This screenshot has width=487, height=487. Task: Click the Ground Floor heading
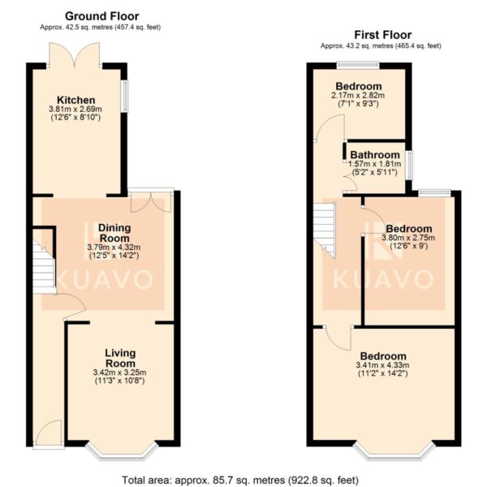point(102,16)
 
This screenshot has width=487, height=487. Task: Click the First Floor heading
point(383,35)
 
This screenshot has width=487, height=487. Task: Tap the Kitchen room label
point(76,101)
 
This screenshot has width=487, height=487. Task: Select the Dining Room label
point(114,233)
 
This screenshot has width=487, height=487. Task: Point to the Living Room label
point(120,358)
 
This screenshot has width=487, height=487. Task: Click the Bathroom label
point(375,155)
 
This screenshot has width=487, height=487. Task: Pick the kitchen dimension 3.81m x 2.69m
point(75,110)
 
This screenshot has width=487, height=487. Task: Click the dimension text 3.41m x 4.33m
point(382,365)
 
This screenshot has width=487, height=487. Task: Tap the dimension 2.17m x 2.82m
point(358,95)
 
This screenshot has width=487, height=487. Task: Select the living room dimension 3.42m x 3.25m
point(119,373)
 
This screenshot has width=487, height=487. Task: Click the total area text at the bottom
point(240,481)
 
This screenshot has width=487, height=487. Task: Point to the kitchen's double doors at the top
point(75,54)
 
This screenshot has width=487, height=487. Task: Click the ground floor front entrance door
point(49,433)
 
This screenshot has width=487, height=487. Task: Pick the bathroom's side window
point(410,166)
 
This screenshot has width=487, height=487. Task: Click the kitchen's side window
point(124,96)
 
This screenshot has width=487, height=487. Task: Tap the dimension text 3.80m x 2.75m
point(408,238)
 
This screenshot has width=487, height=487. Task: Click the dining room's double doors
point(151,201)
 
